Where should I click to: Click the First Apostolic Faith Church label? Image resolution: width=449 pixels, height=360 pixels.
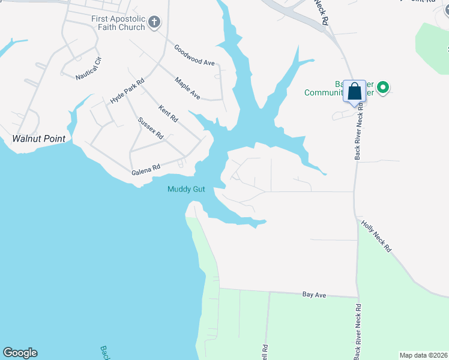tap(118, 23)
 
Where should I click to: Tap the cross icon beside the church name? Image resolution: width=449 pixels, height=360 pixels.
tap(154, 23)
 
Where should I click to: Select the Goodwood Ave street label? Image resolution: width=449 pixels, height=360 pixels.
tap(194, 55)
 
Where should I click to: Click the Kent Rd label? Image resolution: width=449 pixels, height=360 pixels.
tap(168, 113)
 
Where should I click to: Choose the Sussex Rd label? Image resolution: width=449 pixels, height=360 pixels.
tap(151, 128)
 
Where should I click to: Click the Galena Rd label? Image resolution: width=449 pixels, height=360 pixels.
tap(146, 171)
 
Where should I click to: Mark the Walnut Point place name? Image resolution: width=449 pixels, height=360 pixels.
tap(38, 139)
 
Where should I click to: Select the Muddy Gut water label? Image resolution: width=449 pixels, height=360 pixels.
tap(186, 189)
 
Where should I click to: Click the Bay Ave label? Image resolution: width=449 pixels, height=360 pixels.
tap(314, 295)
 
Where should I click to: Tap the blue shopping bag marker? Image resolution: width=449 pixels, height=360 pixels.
tap(355, 92)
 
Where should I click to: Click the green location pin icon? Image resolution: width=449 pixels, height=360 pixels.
tap(382, 88)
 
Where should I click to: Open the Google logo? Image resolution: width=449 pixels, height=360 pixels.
tap(20, 353)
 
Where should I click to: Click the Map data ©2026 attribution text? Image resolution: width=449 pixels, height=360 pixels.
tap(423, 355)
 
